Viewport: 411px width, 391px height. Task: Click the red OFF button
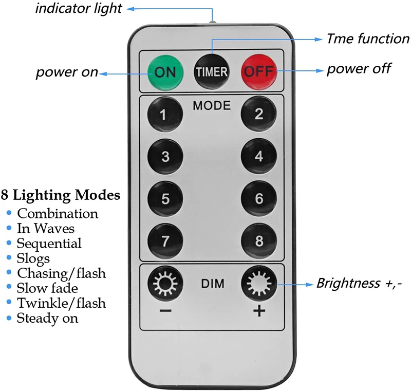[259, 72]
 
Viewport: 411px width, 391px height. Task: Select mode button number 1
[165, 114]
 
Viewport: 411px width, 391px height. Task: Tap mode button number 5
[165, 198]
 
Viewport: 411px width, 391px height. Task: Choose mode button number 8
[258, 240]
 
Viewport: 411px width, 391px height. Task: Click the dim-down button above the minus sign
[165, 283]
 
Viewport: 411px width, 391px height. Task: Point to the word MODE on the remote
[212, 106]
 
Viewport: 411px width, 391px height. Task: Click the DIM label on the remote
[212, 284]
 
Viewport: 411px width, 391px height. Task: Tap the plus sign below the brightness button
[259, 311]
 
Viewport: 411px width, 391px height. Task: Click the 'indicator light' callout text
[79, 9]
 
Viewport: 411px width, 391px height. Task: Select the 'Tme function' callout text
[368, 39]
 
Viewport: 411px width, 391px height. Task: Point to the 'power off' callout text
[359, 69]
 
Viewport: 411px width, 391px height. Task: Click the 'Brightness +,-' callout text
[359, 283]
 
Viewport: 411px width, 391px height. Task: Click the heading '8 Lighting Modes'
[62, 195]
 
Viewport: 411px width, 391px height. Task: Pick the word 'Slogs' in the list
[33, 258]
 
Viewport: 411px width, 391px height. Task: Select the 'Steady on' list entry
[47, 318]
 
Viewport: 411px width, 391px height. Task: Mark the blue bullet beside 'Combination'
[9, 213]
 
